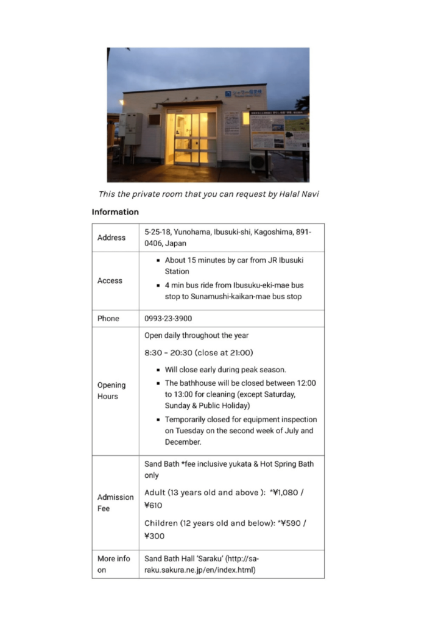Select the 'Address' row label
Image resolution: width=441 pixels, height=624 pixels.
pyautogui.click(x=111, y=238)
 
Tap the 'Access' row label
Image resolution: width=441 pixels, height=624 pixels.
pyautogui.click(x=110, y=281)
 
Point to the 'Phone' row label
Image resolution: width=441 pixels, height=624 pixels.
pyautogui.click(x=108, y=319)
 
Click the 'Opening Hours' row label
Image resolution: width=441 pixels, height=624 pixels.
pyautogui.click(x=111, y=391)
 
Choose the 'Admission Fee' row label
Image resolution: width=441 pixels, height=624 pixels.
pyautogui.click(x=115, y=503)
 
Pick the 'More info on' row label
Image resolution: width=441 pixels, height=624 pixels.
pyautogui.click(x=114, y=564)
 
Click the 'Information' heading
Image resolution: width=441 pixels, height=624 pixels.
pyautogui.click(x=115, y=212)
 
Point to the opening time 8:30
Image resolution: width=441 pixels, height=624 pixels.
pyautogui.click(x=155, y=352)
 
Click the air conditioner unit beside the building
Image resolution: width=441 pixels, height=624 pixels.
pyautogui.click(x=258, y=161)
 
